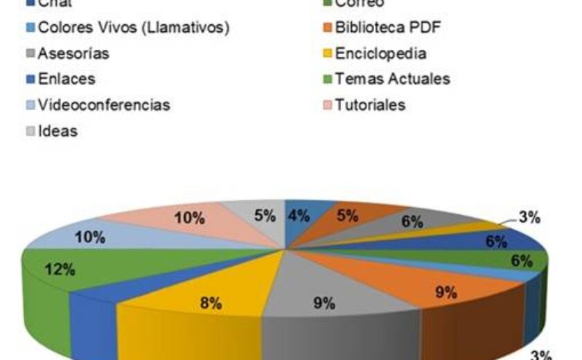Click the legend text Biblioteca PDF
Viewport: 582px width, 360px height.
coord(387,28)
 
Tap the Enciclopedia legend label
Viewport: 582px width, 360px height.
coord(380,53)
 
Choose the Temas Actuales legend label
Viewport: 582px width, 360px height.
coord(392,79)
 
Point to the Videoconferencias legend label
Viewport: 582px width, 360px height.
coord(104,105)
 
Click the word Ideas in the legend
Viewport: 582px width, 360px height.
coord(58,131)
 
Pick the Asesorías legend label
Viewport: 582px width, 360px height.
coord(73,53)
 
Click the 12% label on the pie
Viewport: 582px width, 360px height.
coord(60,270)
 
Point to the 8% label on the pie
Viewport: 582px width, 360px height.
coord(210,303)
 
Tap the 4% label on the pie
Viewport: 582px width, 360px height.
coord(299,215)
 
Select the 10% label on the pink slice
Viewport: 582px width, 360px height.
coord(189,219)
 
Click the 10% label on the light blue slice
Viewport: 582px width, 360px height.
coord(91,237)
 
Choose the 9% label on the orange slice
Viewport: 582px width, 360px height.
coord(446,293)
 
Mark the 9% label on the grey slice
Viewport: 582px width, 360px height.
coord(324,303)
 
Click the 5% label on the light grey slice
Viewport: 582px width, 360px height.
coord(265,215)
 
